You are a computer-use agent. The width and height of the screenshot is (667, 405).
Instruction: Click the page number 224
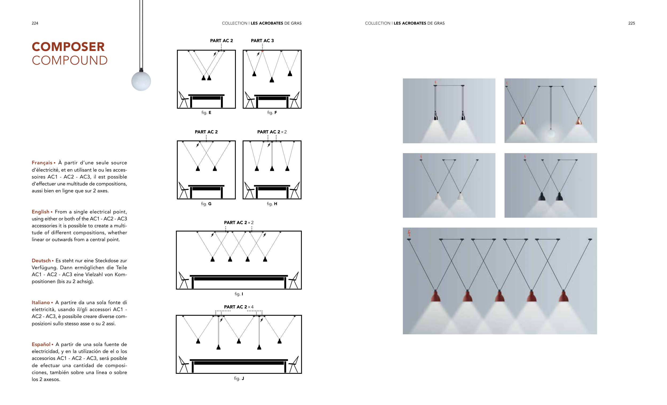35,23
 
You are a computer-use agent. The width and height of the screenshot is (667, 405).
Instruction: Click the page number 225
632,23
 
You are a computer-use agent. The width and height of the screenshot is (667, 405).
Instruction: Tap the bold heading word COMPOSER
68,47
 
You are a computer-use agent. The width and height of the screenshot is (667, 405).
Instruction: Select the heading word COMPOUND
70,60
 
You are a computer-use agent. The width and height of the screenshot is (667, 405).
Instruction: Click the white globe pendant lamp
141,81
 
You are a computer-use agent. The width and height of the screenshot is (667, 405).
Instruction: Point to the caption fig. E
206,113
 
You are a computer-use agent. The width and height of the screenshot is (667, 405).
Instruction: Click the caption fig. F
272,113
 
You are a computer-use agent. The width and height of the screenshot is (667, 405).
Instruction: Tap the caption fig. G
206,204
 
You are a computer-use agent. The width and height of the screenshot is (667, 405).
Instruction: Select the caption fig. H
272,204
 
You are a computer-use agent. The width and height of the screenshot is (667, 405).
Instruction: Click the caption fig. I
239,294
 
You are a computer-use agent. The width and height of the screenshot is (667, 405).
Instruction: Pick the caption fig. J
239,379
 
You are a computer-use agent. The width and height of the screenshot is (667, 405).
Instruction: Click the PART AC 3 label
262,41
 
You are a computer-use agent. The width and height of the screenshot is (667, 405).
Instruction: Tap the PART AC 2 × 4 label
239,307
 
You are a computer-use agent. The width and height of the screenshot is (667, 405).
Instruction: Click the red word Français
42,163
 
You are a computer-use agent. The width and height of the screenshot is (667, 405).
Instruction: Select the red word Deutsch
41,261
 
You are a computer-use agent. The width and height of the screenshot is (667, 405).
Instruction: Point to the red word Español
41,345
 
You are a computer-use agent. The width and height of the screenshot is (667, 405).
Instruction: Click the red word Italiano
41,303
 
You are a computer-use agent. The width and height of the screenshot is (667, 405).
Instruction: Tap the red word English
41,212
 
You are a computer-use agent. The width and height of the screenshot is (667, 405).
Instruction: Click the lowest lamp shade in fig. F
272,80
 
